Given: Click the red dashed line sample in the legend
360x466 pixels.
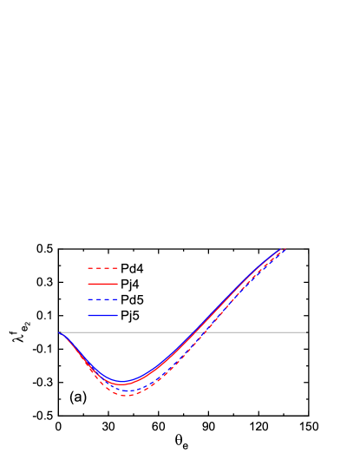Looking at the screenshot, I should point(102,268).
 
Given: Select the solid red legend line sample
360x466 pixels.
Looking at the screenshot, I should point(102,284).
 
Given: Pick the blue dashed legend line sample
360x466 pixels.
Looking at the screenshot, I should point(102,299).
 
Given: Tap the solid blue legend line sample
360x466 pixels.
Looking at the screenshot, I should point(102,315).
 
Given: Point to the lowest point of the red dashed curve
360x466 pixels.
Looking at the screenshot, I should point(125,396).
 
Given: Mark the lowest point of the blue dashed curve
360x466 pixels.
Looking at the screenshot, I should point(125,391).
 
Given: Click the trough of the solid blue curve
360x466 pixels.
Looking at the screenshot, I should point(123,382).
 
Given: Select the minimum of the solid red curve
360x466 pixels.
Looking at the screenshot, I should point(123,384).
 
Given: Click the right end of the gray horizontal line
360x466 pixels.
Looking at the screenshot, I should point(305,332).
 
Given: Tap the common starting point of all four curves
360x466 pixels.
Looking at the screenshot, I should point(61,332).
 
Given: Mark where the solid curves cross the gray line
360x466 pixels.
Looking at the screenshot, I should point(192,332).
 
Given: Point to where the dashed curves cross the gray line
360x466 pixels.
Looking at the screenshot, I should point(201,332).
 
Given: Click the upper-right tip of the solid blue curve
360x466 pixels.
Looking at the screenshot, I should point(281,249).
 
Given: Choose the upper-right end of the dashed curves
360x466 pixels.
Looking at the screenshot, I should point(285,249).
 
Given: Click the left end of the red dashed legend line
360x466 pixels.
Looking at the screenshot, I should point(88,268).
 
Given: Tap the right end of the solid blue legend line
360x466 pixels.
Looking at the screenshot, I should point(117,315).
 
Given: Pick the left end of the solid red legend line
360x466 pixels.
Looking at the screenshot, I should point(88,284).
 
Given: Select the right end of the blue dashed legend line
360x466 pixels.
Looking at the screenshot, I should point(117,299).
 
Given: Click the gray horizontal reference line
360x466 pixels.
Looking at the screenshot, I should point(252,332).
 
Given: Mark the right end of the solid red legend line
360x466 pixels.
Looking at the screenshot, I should point(117,284).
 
